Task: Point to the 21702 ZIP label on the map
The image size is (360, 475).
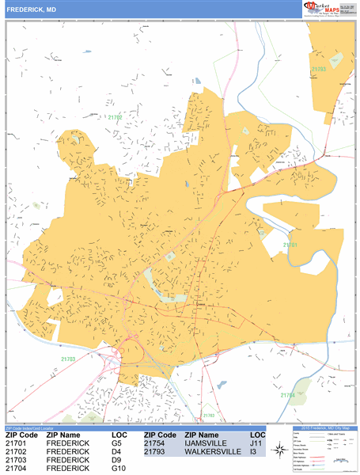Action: click(x=116, y=117)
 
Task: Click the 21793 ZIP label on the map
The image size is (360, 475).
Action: click(x=319, y=69)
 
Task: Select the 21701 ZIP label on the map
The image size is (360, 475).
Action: click(x=292, y=245)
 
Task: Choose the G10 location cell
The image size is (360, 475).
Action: click(x=120, y=469)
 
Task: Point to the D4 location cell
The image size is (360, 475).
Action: click(x=117, y=453)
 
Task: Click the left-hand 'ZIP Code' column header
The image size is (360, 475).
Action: click(x=21, y=435)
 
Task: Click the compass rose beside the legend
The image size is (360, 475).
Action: click(x=279, y=450)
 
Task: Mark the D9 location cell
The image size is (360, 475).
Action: click(x=117, y=461)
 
